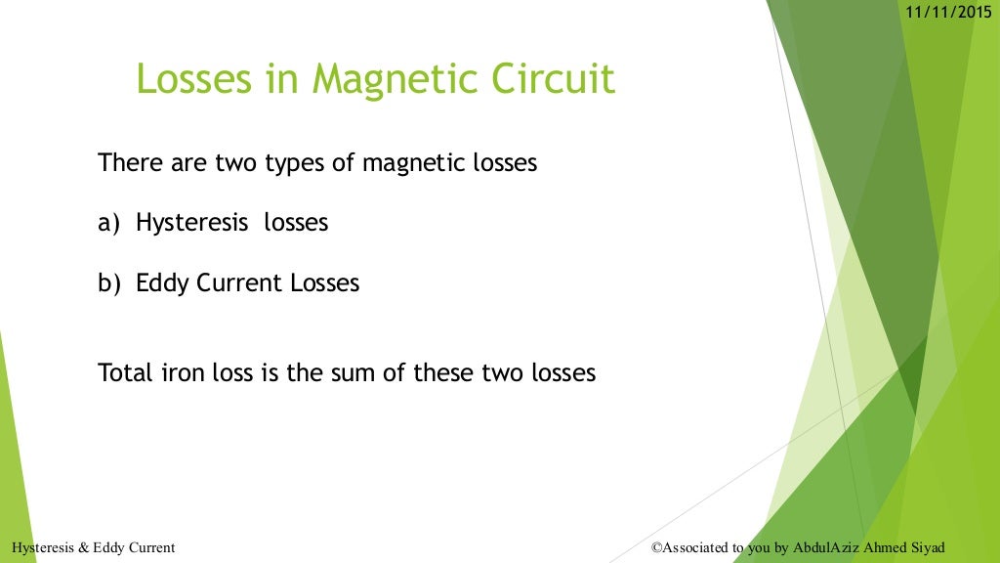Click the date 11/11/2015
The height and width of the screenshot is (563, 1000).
point(948,12)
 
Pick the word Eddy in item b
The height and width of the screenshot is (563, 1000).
point(162,284)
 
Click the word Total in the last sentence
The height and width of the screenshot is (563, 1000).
point(124,372)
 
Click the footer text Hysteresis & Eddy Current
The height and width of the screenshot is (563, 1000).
point(94,548)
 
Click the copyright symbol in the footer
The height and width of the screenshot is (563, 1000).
point(656,548)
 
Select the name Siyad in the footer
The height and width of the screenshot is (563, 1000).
point(927,548)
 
